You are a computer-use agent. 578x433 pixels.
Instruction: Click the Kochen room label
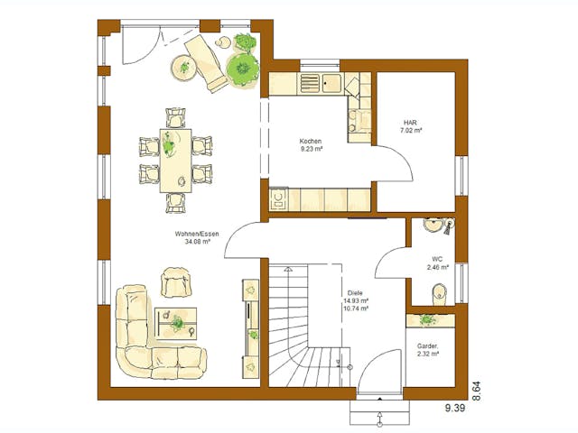311,143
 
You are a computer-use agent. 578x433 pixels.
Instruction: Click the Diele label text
355,293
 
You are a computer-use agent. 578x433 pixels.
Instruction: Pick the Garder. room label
428,346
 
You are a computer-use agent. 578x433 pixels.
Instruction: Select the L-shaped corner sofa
144,341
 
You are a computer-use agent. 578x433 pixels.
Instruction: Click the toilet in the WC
438,291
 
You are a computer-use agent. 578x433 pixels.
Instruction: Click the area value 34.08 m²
197,242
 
